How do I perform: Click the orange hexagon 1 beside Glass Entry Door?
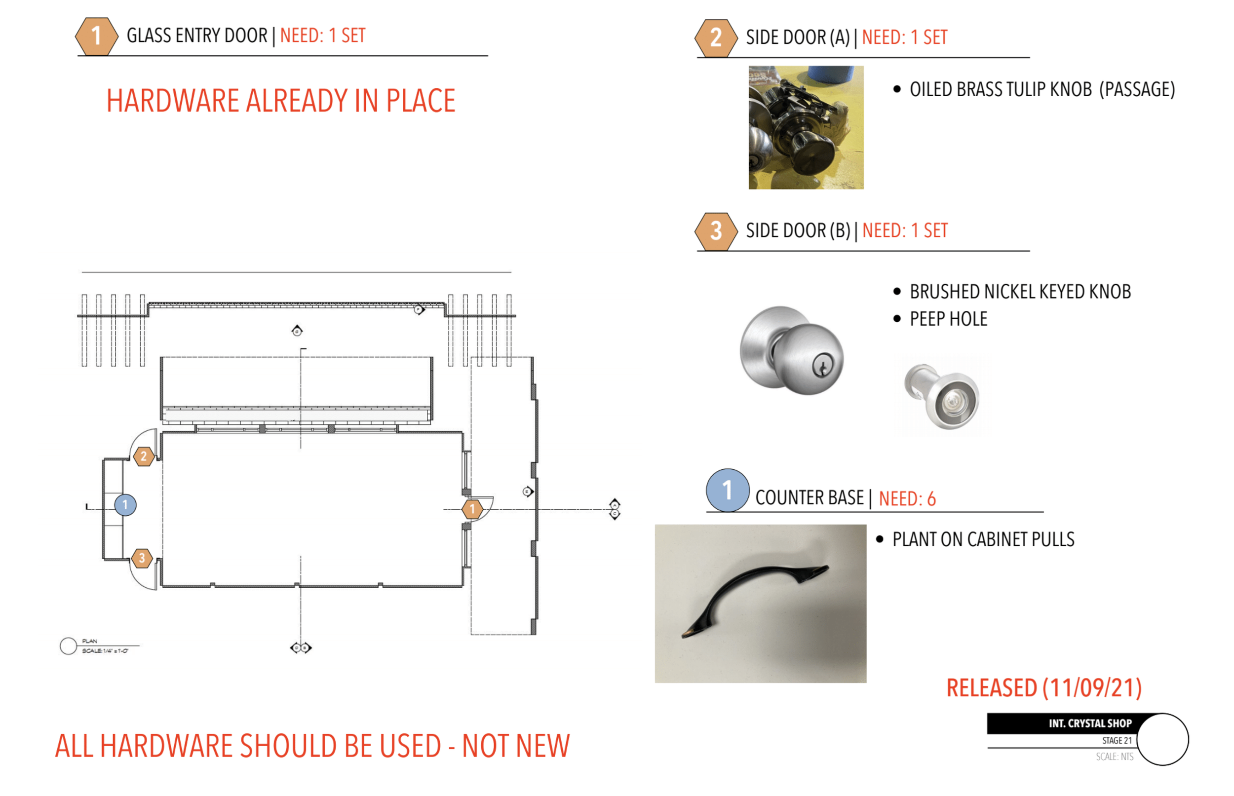pos(96,36)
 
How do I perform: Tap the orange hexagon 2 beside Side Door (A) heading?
pos(716,38)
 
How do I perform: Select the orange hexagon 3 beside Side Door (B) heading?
pos(716,231)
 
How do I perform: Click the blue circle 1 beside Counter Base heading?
pos(728,490)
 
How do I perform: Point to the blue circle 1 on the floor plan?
pos(125,505)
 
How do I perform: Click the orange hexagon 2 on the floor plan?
pos(143,456)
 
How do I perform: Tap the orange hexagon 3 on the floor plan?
pos(142,558)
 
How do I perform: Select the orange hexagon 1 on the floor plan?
pos(471,509)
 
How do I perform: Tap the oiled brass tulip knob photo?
pos(806,127)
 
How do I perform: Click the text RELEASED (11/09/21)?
pos(1043,688)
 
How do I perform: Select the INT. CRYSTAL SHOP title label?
pos(1089,723)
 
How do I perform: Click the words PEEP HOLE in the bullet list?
pos(948,319)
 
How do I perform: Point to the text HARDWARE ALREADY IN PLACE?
pos(281,101)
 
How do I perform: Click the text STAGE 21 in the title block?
pos(1116,740)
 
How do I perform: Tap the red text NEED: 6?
pos(907,499)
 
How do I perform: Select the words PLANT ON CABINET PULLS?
pos(983,539)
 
